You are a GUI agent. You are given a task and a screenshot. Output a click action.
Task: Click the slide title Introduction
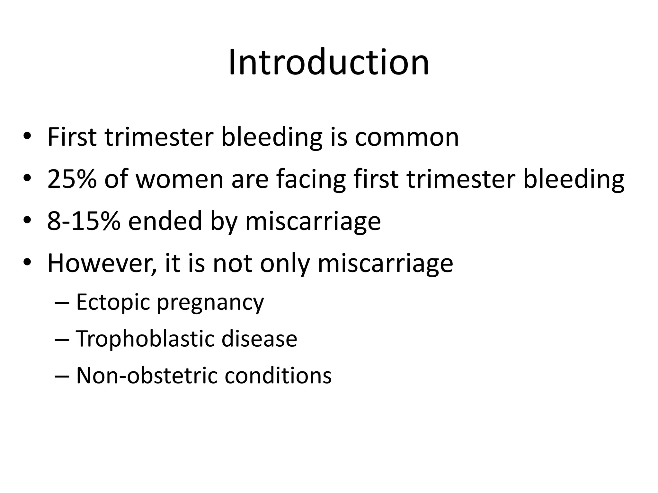pyautogui.click(x=329, y=62)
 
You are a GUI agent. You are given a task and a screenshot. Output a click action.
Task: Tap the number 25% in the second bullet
pyautogui.click(x=72, y=179)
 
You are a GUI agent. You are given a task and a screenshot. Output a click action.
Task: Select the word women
pyautogui.click(x=180, y=179)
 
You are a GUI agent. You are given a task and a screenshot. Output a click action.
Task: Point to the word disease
pyautogui.click(x=259, y=339)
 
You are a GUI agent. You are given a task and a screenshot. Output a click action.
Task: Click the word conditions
pyautogui.click(x=278, y=376)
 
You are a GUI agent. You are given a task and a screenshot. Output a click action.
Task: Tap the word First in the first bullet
pyautogui.click(x=72, y=137)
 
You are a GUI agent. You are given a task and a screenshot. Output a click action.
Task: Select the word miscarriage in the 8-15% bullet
pyautogui.click(x=313, y=221)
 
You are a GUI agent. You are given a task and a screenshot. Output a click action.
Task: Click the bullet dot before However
pyautogui.click(x=27, y=263)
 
